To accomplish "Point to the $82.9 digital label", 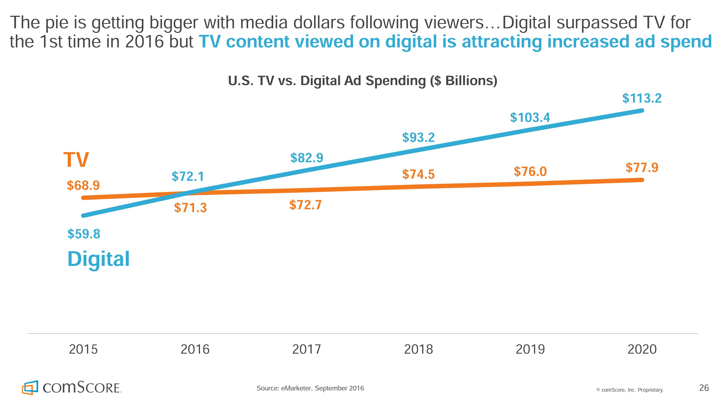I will [307, 158].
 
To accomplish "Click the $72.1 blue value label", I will [188, 177].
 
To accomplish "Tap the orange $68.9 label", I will [83, 186].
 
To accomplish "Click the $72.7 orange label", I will [305, 205].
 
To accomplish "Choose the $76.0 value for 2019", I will [530, 171].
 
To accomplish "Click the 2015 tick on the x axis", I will [83, 349].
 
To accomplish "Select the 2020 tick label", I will [642, 349].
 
